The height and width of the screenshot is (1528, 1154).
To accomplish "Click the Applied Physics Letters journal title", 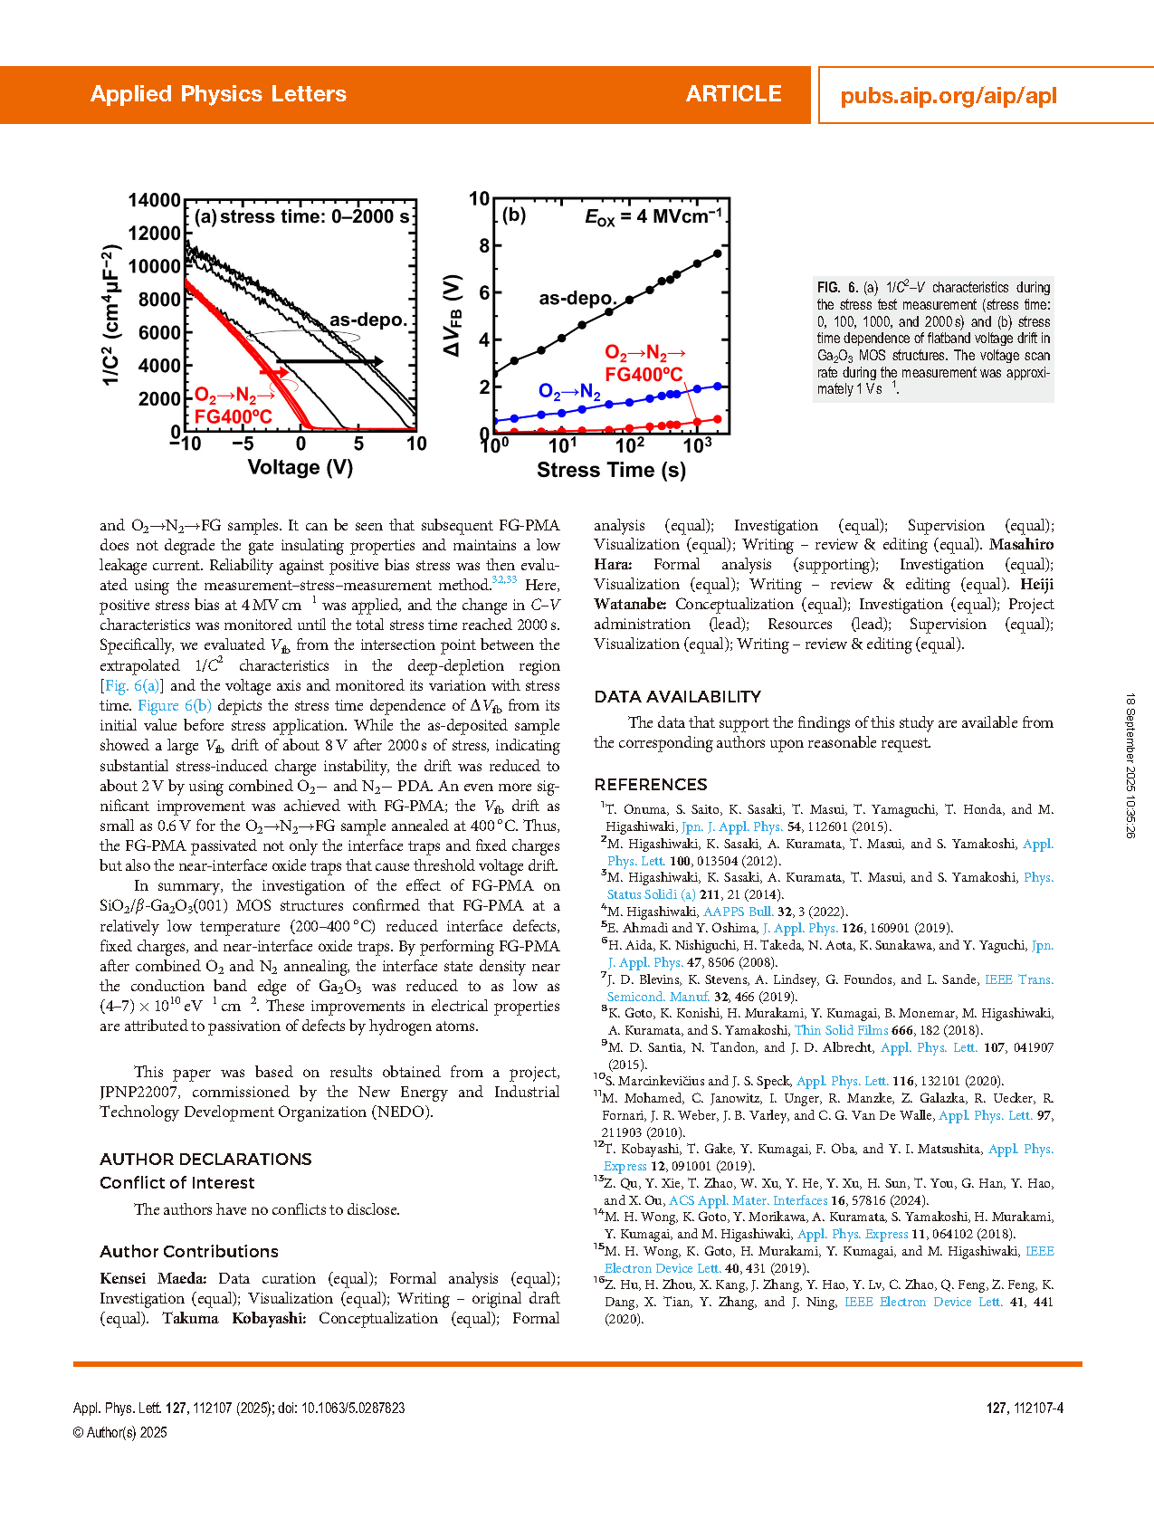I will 218,94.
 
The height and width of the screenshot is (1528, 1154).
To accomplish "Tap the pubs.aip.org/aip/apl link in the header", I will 948,96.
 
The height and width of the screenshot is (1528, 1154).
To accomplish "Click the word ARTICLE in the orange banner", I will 733,94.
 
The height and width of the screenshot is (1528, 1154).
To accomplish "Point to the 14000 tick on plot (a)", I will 155,200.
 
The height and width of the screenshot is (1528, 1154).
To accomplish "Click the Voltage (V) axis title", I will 300,468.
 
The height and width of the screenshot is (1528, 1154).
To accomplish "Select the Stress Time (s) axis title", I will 611,470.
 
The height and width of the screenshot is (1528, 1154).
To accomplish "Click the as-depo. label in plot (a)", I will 368,320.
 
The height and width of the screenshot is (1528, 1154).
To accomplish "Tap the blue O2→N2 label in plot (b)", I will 569,392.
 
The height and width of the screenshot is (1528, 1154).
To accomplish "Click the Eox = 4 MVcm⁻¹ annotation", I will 653,217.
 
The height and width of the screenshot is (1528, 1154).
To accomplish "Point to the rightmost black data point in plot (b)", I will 718,253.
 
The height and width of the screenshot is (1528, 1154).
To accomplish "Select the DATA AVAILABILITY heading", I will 677,697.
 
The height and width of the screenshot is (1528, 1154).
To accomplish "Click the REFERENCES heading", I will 650,785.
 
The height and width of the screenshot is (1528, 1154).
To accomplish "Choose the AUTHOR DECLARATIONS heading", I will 205,1160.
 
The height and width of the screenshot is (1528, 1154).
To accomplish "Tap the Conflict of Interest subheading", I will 176,1183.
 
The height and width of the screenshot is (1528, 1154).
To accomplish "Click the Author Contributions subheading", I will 189,1252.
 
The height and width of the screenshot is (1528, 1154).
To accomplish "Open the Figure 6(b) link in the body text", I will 175,706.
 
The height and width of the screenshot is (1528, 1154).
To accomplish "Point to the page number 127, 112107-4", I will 1025,1409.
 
